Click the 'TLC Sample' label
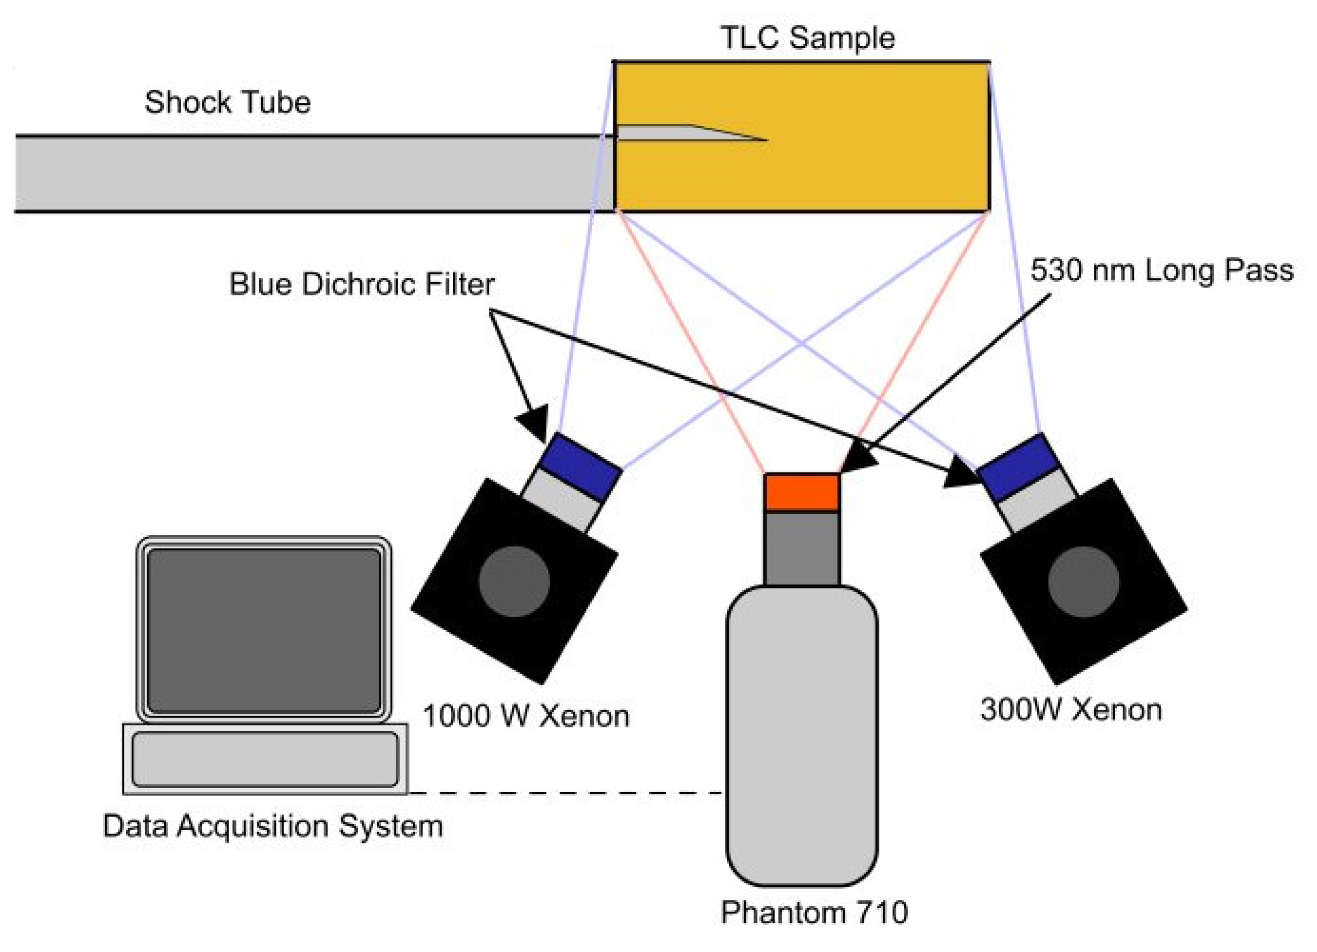[807, 39]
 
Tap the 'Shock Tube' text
[228, 103]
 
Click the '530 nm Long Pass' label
[1162, 271]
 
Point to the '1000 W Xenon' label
[525, 716]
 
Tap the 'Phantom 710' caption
[814, 913]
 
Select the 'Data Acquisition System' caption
[272, 826]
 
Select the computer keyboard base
[265, 759]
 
